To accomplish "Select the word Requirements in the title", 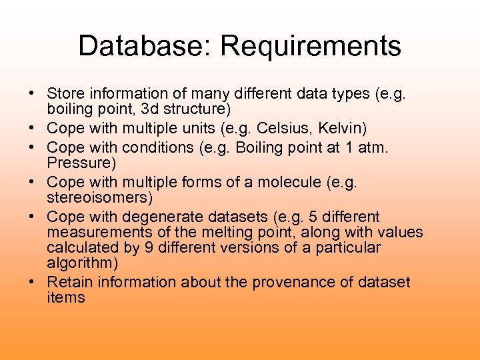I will click(311, 47).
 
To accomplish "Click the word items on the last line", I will click(66, 297).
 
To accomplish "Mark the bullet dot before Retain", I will click(32, 283).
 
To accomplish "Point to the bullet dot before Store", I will click(32, 93).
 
